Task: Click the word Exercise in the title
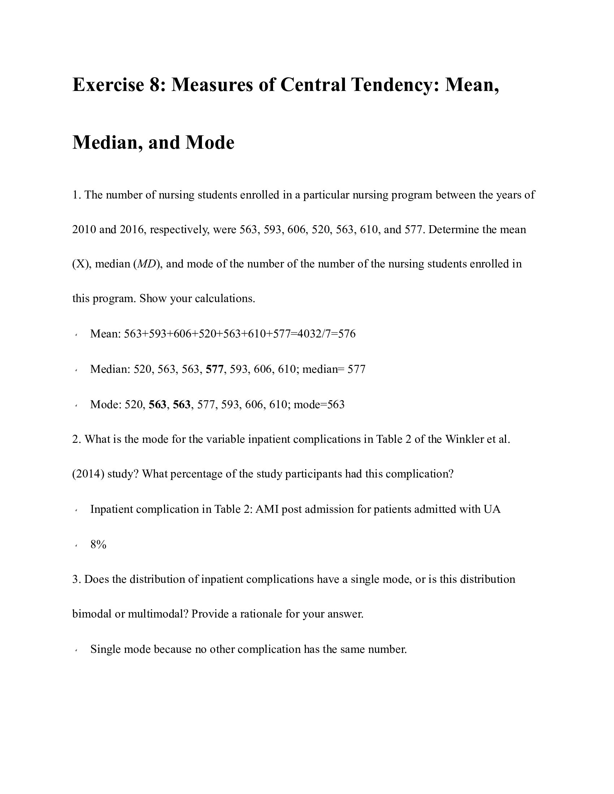(x=108, y=85)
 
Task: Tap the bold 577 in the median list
(x=214, y=369)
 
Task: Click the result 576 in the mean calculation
(x=347, y=334)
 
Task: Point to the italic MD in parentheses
(x=146, y=264)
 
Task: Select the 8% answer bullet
(x=98, y=545)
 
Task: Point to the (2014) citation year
(x=88, y=474)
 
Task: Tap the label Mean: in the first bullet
(x=105, y=334)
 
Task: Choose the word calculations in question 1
(x=224, y=299)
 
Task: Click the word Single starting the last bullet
(x=105, y=649)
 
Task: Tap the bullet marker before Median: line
(x=76, y=370)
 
